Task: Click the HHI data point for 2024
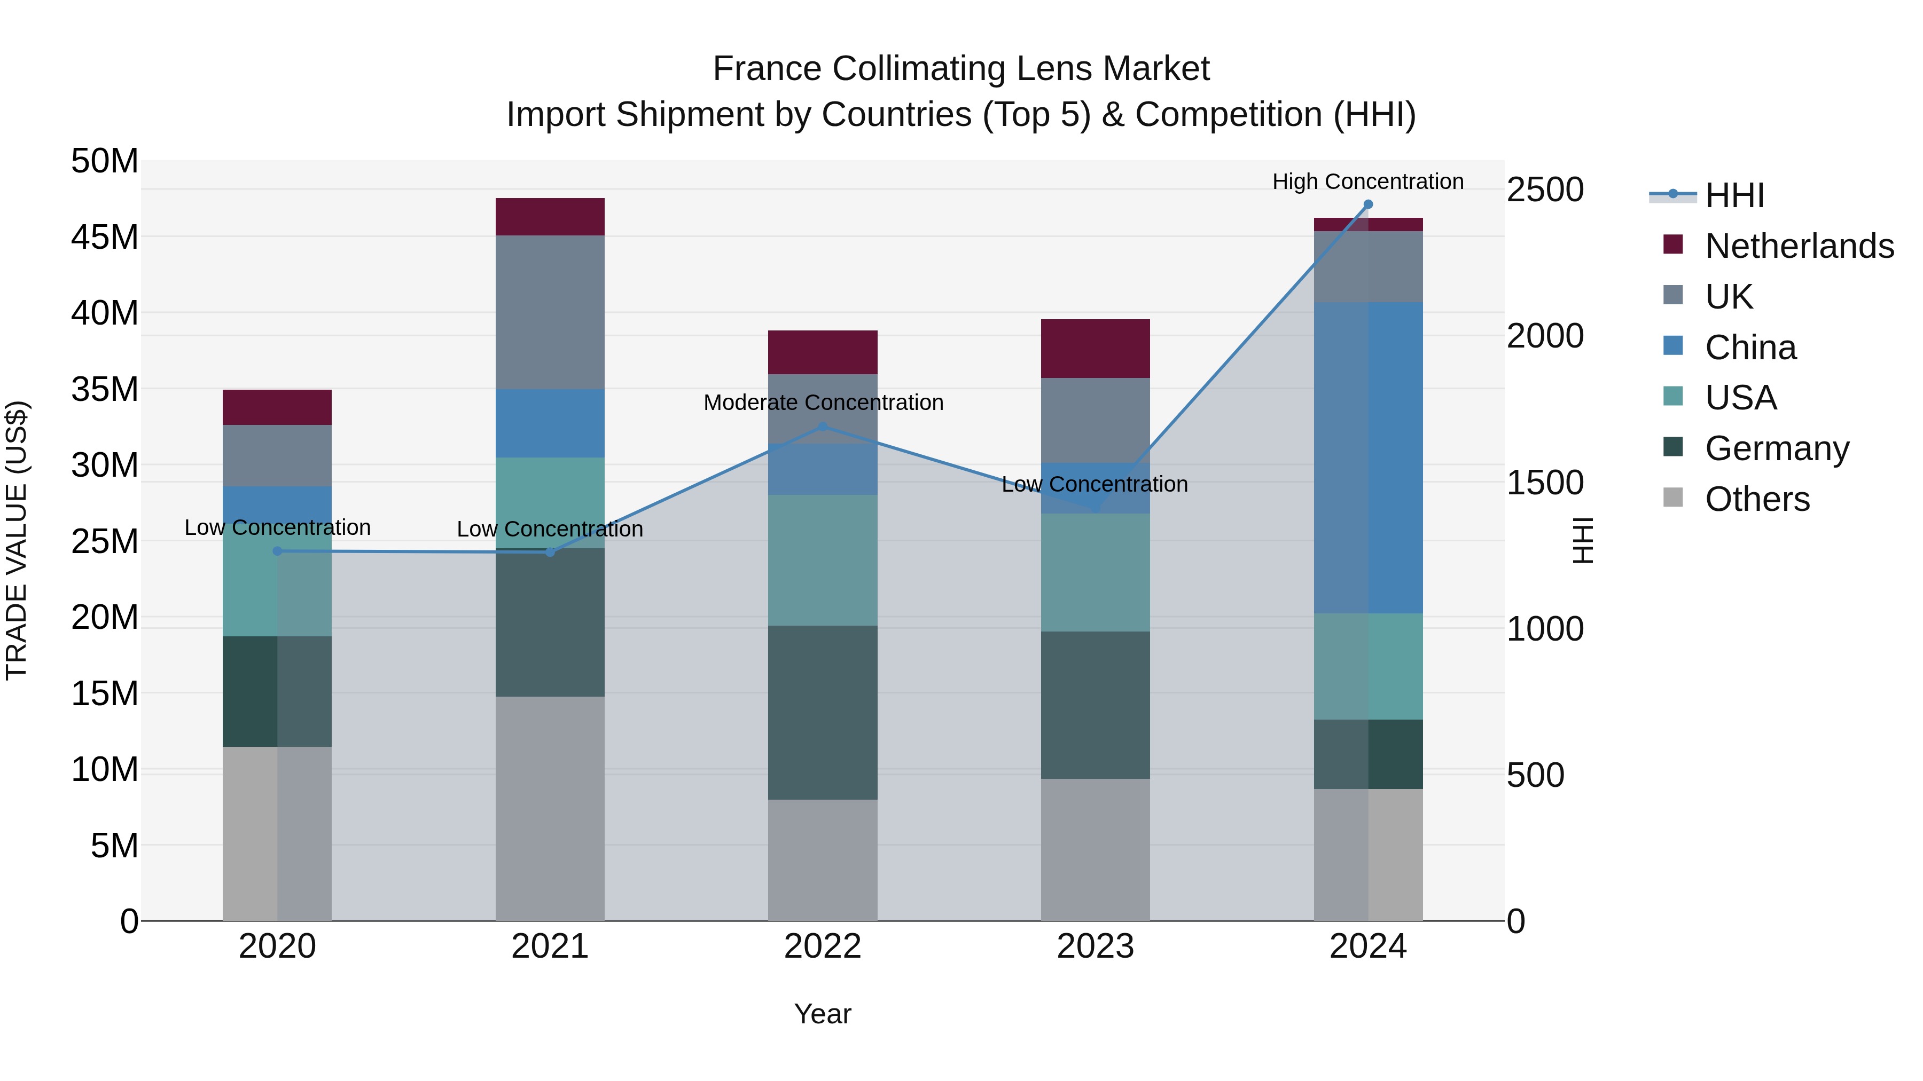click(x=1367, y=204)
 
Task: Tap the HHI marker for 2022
click(x=823, y=427)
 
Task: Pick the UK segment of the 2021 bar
click(x=550, y=312)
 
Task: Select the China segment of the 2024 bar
click(x=1367, y=457)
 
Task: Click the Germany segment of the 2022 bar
click(x=823, y=713)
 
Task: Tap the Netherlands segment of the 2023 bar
click(x=1095, y=349)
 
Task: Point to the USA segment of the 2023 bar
click(x=1095, y=572)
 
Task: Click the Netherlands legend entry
click(x=1799, y=246)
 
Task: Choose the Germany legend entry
click(x=1777, y=448)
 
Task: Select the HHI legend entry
click(x=1734, y=195)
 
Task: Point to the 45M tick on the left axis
click(x=105, y=237)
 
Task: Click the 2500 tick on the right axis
click(x=1544, y=190)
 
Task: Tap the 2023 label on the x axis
click(x=1095, y=946)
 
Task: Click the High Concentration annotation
click(x=1367, y=182)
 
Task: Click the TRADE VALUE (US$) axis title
click(x=17, y=540)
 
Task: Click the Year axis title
click(x=823, y=1014)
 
